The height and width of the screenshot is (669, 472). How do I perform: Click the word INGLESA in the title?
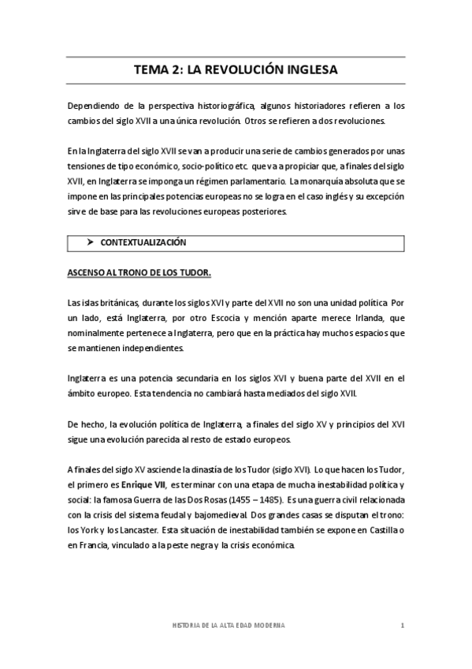tap(309, 69)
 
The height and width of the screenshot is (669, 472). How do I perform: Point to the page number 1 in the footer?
tap(402, 625)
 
